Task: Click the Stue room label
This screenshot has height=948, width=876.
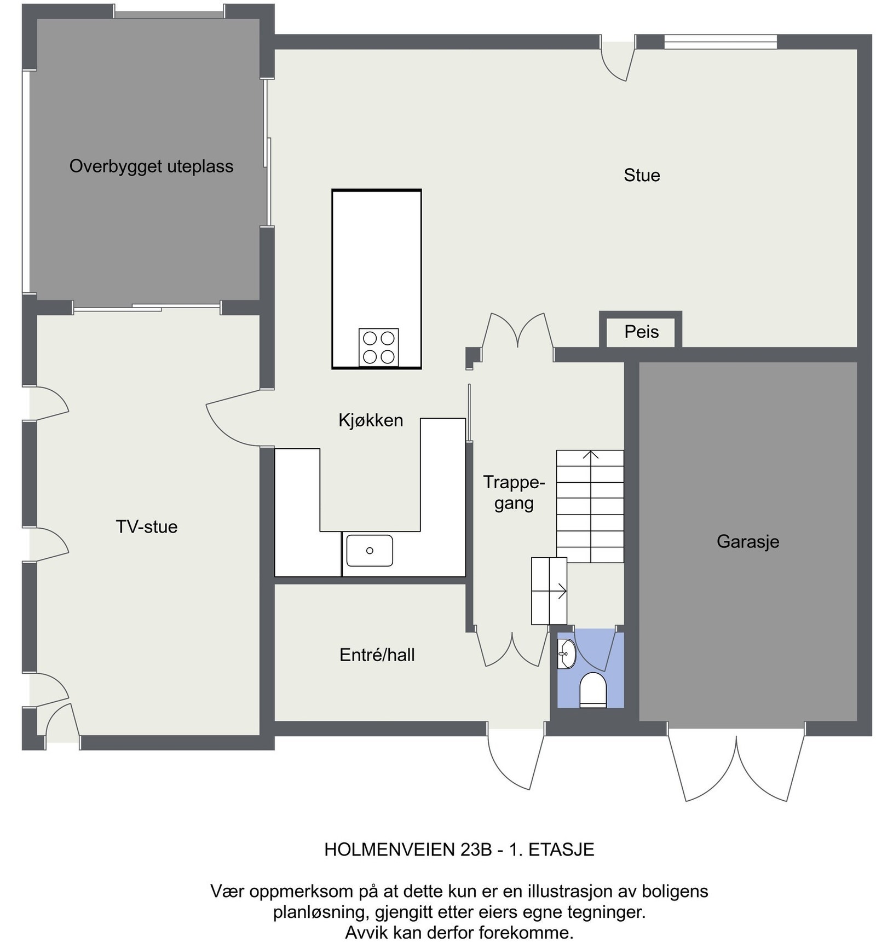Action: pyautogui.click(x=641, y=175)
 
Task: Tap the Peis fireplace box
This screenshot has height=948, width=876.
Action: pyautogui.click(x=641, y=332)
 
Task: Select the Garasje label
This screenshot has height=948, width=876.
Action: pyautogui.click(x=747, y=541)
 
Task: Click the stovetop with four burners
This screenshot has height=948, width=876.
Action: pyautogui.click(x=378, y=347)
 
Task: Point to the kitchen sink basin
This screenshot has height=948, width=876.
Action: pyautogui.click(x=370, y=551)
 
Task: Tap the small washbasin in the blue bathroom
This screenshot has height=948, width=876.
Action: pyautogui.click(x=566, y=654)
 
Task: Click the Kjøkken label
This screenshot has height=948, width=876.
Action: pyautogui.click(x=371, y=420)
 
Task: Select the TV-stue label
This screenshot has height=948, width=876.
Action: pyautogui.click(x=147, y=527)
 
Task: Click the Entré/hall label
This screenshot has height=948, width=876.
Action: pyautogui.click(x=377, y=655)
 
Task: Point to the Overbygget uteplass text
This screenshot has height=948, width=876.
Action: pyautogui.click(x=151, y=166)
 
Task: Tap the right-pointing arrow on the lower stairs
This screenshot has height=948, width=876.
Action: pyautogui.click(x=561, y=591)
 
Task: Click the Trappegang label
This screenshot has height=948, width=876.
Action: pyautogui.click(x=514, y=493)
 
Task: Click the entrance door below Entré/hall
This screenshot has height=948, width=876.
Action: pyautogui.click(x=515, y=758)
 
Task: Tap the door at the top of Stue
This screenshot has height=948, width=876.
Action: pyautogui.click(x=618, y=61)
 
